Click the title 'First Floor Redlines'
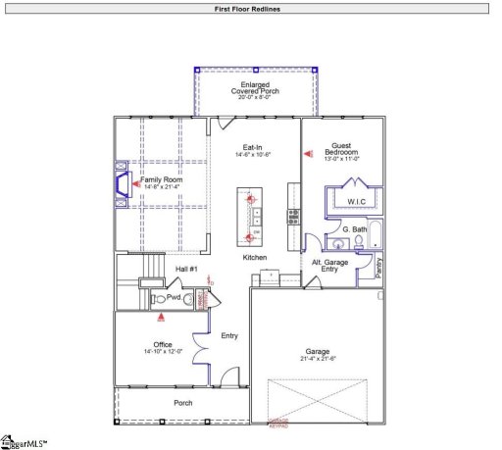(x=250, y=8)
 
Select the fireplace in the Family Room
(x=121, y=183)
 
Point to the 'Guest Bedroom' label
(x=348, y=149)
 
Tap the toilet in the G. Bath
(x=360, y=240)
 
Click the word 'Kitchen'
(x=255, y=257)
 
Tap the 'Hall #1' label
(x=187, y=269)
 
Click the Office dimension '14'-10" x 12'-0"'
(x=162, y=352)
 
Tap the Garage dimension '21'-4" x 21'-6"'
(x=317, y=360)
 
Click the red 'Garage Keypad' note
(x=281, y=423)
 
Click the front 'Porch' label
(x=183, y=403)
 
